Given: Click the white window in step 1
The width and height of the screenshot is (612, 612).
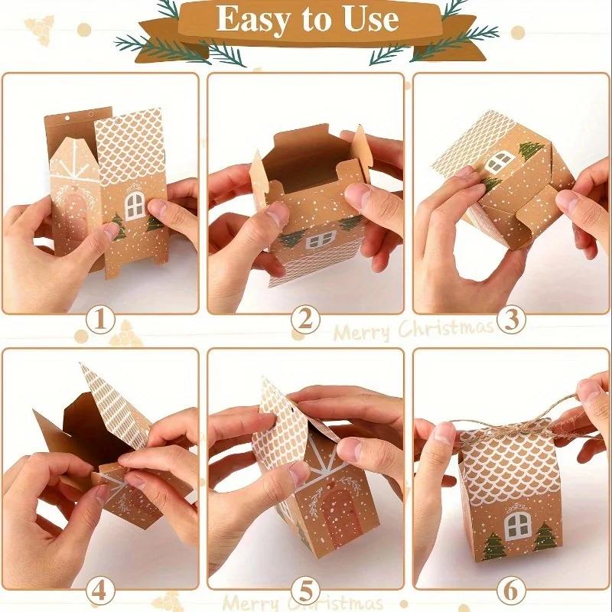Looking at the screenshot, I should (x=135, y=203).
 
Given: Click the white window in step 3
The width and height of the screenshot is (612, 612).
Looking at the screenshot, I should (x=499, y=161).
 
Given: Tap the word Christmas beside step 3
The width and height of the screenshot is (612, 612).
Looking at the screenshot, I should (x=451, y=329).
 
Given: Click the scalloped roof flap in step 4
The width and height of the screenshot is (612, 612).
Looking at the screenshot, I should (x=115, y=405).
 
